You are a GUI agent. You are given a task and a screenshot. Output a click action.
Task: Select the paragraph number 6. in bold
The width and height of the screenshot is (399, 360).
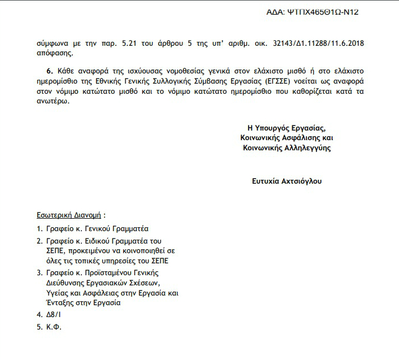49,71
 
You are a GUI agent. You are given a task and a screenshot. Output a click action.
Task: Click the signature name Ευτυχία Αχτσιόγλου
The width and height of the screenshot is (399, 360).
287,181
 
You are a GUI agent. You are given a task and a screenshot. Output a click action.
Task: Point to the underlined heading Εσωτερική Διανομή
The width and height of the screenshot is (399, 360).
64,215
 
